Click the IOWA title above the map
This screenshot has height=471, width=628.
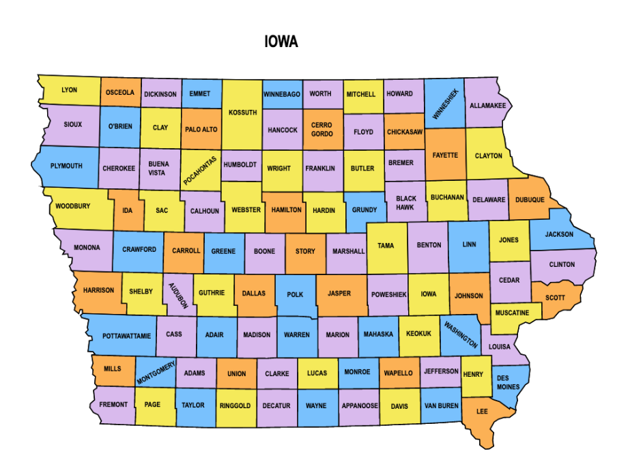pos(281,42)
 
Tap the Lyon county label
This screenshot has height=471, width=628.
pos(69,90)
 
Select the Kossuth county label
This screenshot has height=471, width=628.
pos(242,113)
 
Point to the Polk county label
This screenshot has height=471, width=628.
pos(295,294)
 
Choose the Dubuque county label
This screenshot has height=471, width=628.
pos(530,200)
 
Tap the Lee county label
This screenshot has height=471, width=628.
pos(482,411)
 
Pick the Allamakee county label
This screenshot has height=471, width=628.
pos(487,106)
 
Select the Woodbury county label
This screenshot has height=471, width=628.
pos(72,206)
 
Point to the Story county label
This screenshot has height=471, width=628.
pos(305,251)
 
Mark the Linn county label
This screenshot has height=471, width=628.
pos(469,244)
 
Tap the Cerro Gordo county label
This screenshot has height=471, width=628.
pos(322,130)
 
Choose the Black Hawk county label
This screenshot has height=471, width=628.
pos(405,203)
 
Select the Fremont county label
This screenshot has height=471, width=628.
pos(113,405)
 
